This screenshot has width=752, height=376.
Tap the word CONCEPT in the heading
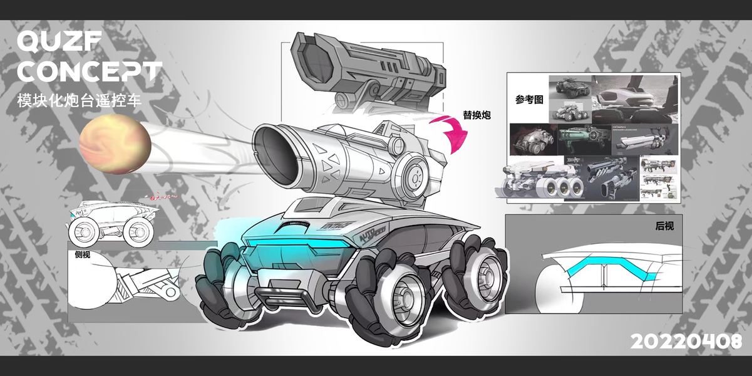(89, 71)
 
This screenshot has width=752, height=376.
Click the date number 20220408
(686, 342)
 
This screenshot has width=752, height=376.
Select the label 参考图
(529, 100)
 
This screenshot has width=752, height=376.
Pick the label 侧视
(83, 254)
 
